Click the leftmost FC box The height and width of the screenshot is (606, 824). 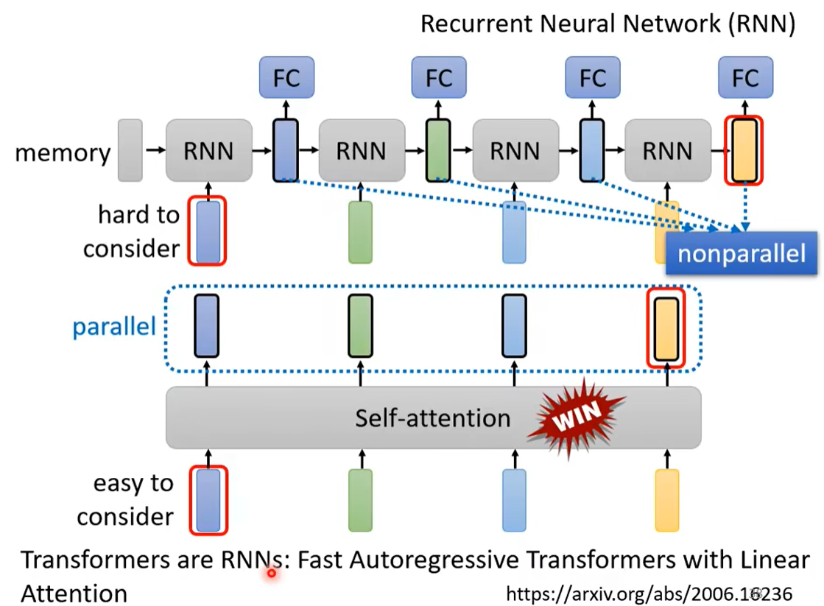tap(286, 77)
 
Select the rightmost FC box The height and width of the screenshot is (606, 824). tap(745, 77)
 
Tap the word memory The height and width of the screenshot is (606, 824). tap(63, 153)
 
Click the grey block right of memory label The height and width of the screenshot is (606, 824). tap(130, 150)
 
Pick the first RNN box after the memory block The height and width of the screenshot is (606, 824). tap(209, 150)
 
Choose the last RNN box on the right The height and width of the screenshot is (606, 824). tap(668, 150)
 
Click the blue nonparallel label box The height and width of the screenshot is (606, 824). tap(742, 254)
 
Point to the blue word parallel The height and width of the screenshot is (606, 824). tap(114, 326)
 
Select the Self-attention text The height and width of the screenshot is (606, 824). tap(432, 418)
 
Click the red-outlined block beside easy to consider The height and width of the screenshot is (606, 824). tap(208, 500)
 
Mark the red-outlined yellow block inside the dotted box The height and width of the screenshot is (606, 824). tap(666, 328)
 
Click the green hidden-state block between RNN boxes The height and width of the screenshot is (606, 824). tap(438, 150)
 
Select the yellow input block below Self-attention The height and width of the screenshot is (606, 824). tap(666, 500)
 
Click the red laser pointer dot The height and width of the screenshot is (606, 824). tap(272, 573)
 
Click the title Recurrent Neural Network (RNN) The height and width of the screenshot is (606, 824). tap(608, 24)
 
